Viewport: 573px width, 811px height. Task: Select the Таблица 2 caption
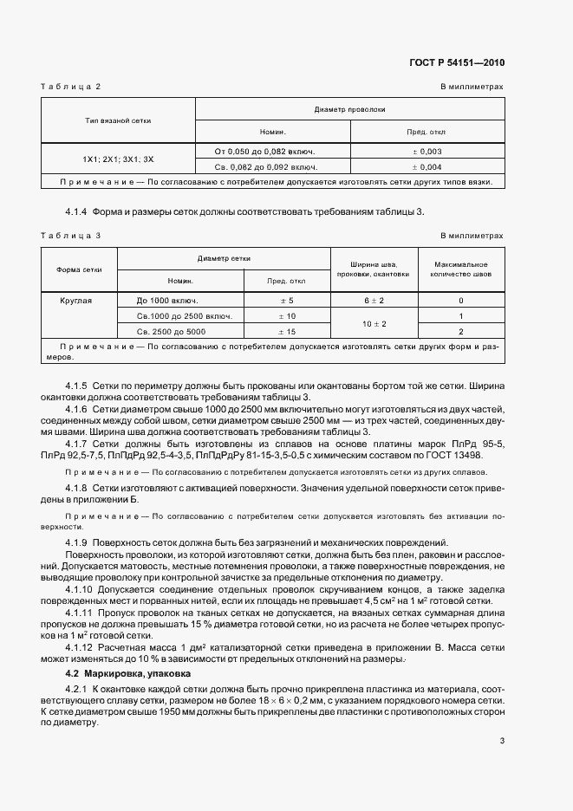72,88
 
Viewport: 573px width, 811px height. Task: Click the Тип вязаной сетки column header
119,120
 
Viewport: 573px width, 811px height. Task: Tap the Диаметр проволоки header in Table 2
348,110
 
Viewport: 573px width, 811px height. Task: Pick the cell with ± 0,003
426,152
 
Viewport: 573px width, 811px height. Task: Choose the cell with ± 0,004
426,166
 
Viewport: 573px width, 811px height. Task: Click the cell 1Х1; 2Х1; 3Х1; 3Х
119,159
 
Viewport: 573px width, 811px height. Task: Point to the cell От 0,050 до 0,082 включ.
272,152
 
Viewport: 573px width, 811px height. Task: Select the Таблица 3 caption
72,236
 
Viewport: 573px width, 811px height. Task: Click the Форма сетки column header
80,269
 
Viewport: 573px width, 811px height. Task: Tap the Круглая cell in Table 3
76,301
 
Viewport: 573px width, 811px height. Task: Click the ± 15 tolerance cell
286,332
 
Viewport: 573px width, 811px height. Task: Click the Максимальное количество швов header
459,269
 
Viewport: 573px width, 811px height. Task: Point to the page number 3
502,741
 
